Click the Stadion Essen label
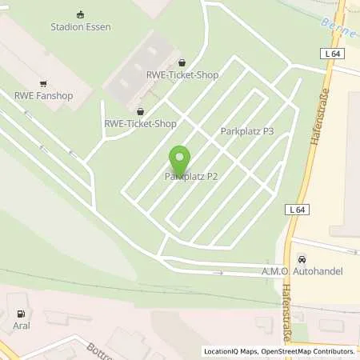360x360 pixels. tap(80, 26)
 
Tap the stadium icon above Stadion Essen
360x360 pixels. tap(80, 14)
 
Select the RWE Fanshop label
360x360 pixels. tap(42, 96)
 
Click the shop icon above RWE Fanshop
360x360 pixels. tap(42, 83)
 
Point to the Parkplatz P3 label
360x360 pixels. tap(247, 130)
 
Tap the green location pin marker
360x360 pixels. tap(180, 158)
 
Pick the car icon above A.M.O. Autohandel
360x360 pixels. tap(302, 259)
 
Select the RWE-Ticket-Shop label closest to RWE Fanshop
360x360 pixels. tap(142, 124)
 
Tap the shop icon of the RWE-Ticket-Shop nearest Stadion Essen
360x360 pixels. tap(182, 62)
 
